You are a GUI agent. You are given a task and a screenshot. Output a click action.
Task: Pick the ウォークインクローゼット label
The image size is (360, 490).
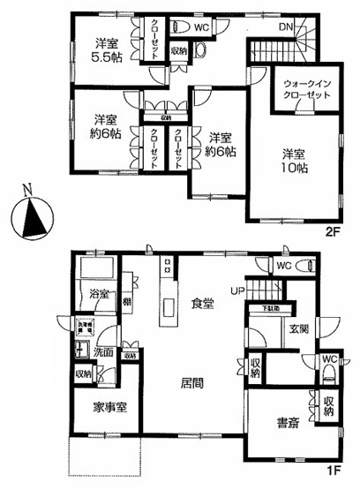(x=303, y=91)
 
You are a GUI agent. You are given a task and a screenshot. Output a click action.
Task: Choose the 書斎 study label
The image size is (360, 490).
(x=284, y=423)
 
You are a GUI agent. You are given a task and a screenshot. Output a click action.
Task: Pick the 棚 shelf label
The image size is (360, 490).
(x=128, y=303)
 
